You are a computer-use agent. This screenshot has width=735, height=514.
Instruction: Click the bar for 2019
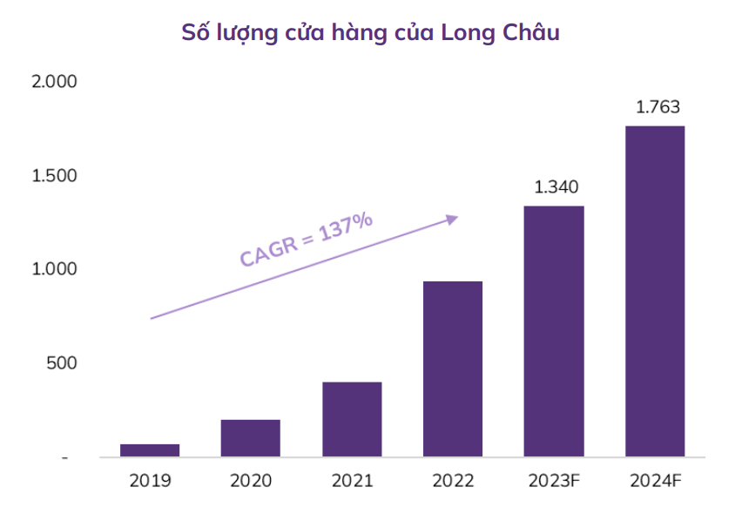point(150,450)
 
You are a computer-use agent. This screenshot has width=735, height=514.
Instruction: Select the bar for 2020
point(250,437)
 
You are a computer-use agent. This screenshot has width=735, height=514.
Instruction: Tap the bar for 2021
point(352,419)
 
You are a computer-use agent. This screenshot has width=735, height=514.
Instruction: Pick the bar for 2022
point(453,369)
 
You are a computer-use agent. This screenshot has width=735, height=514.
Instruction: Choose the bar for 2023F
point(554,331)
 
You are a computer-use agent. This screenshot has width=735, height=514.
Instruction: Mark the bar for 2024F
point(655,291)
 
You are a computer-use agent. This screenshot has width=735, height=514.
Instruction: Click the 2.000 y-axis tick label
point(54,82)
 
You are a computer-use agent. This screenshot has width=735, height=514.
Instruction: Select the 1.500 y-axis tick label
point(54,176)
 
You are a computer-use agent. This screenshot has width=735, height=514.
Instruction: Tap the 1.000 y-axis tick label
point(54,269)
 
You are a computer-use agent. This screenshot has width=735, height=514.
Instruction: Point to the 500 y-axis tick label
point(61,363)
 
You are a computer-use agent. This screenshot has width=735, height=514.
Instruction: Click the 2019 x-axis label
point(150,480)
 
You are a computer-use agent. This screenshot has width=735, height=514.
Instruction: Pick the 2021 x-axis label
point(352,480)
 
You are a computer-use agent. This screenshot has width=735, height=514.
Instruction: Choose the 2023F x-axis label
point(554,480)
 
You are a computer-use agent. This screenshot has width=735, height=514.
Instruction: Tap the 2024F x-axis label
point(655,480)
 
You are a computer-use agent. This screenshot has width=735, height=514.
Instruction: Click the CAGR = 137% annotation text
point(307,238)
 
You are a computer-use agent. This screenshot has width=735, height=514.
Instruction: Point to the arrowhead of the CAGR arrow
point(452,219)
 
